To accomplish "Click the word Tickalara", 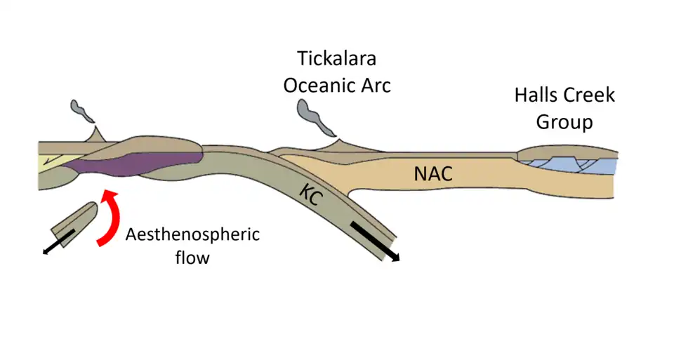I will [336, 59].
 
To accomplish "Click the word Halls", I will [536, 95].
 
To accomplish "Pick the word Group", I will [564, 122].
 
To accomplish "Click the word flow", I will [192, 258].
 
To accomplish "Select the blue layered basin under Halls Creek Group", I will [562, 166].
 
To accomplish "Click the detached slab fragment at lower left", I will [77, 221].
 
